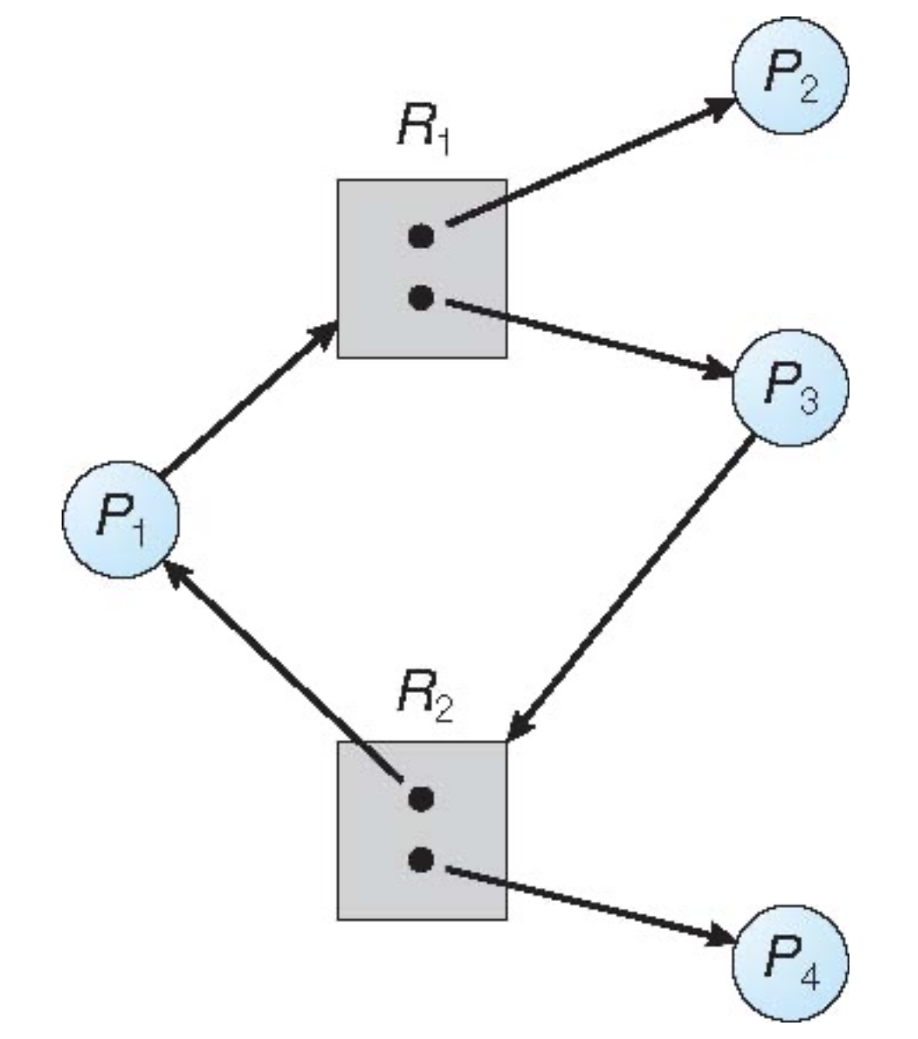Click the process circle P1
121,519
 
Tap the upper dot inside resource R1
421,235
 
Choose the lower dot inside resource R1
421,298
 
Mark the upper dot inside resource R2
421,798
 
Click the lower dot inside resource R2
421,860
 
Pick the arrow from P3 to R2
629,590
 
